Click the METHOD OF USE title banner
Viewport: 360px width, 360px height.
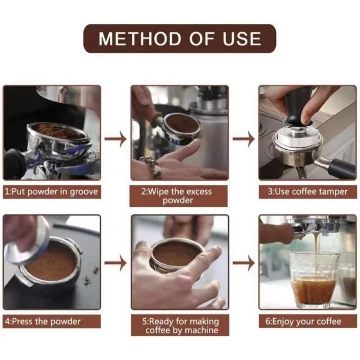pos(179,39)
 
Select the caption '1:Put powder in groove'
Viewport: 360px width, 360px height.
pos(51,192)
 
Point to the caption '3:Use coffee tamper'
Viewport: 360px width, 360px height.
pos(307,192)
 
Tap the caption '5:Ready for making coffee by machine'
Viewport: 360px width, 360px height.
pos(180,325)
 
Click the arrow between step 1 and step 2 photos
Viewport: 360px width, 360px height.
pos(116,139)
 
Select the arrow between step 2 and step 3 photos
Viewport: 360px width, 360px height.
pos(244,139)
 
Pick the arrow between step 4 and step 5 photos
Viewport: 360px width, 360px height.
pos(116,263)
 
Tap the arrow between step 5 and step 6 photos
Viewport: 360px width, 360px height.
pos(244,263)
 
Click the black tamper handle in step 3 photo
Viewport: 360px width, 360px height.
pos(296,108)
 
